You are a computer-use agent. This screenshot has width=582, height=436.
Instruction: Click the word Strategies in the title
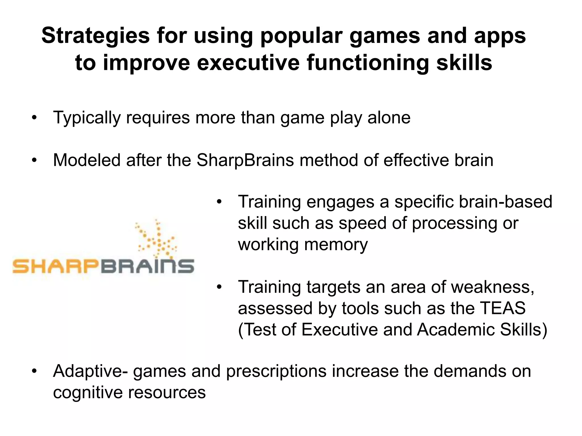click(95, 36)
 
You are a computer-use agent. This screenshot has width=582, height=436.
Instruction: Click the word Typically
click(87, 118)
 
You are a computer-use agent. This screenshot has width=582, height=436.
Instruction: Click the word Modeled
click(87, 160)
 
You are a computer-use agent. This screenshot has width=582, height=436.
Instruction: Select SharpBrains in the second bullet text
click(245, 160)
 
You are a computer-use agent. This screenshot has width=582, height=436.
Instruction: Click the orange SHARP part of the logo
click(55, 266)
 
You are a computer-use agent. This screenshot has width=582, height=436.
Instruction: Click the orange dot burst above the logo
click(156, 238)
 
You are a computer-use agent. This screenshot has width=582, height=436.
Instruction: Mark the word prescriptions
click(276, 371)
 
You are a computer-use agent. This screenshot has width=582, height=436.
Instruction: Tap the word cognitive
click(88, 392)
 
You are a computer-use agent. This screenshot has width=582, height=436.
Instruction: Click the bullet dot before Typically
click(34, 118)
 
